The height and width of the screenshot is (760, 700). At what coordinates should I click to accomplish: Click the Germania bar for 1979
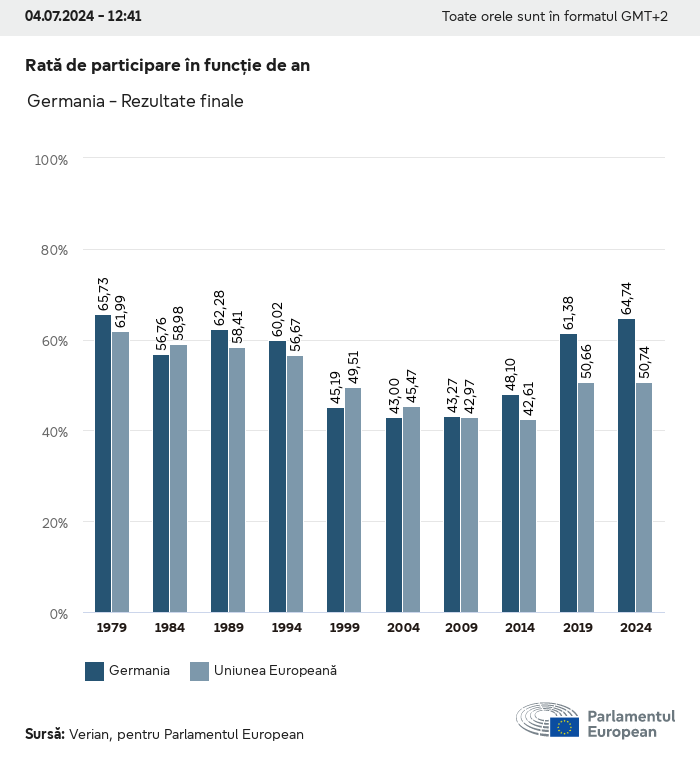click(103, 464)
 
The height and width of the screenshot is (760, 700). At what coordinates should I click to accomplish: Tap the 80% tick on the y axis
click(51, 250)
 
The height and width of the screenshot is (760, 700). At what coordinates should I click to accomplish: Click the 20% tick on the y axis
click(51, 522)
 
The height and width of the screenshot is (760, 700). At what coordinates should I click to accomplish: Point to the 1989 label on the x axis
click(228, 628)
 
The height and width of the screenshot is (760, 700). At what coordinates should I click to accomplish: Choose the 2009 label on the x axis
click(460, 628)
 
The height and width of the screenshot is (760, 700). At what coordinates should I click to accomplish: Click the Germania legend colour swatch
click(95, 671)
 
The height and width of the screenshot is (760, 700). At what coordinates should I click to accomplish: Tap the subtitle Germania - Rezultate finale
click(136, 101)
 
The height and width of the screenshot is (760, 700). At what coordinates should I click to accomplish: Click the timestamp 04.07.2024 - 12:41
click(83, 16)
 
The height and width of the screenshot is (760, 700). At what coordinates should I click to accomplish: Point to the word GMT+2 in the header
click(644, 16)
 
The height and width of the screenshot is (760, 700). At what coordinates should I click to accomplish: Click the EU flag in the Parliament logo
click(564, 727)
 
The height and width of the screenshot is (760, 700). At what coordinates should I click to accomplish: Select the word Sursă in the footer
click(44, 734)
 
